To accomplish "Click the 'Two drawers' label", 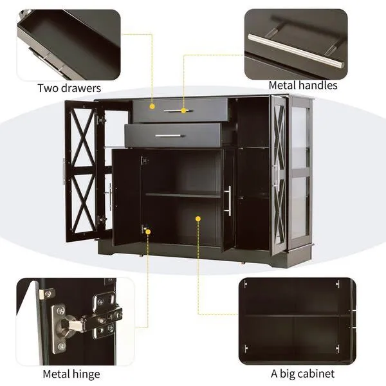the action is click(69, 88).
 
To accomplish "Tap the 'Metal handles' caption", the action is click(302, 85).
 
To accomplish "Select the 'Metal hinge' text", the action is click(71, 373).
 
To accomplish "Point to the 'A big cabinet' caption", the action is click(302, 373).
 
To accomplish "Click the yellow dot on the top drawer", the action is click(152, 106).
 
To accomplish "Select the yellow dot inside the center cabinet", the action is click(198, 219).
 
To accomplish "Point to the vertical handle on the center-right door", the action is click(228, 201).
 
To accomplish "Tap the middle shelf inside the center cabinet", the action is click(183, 194).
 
